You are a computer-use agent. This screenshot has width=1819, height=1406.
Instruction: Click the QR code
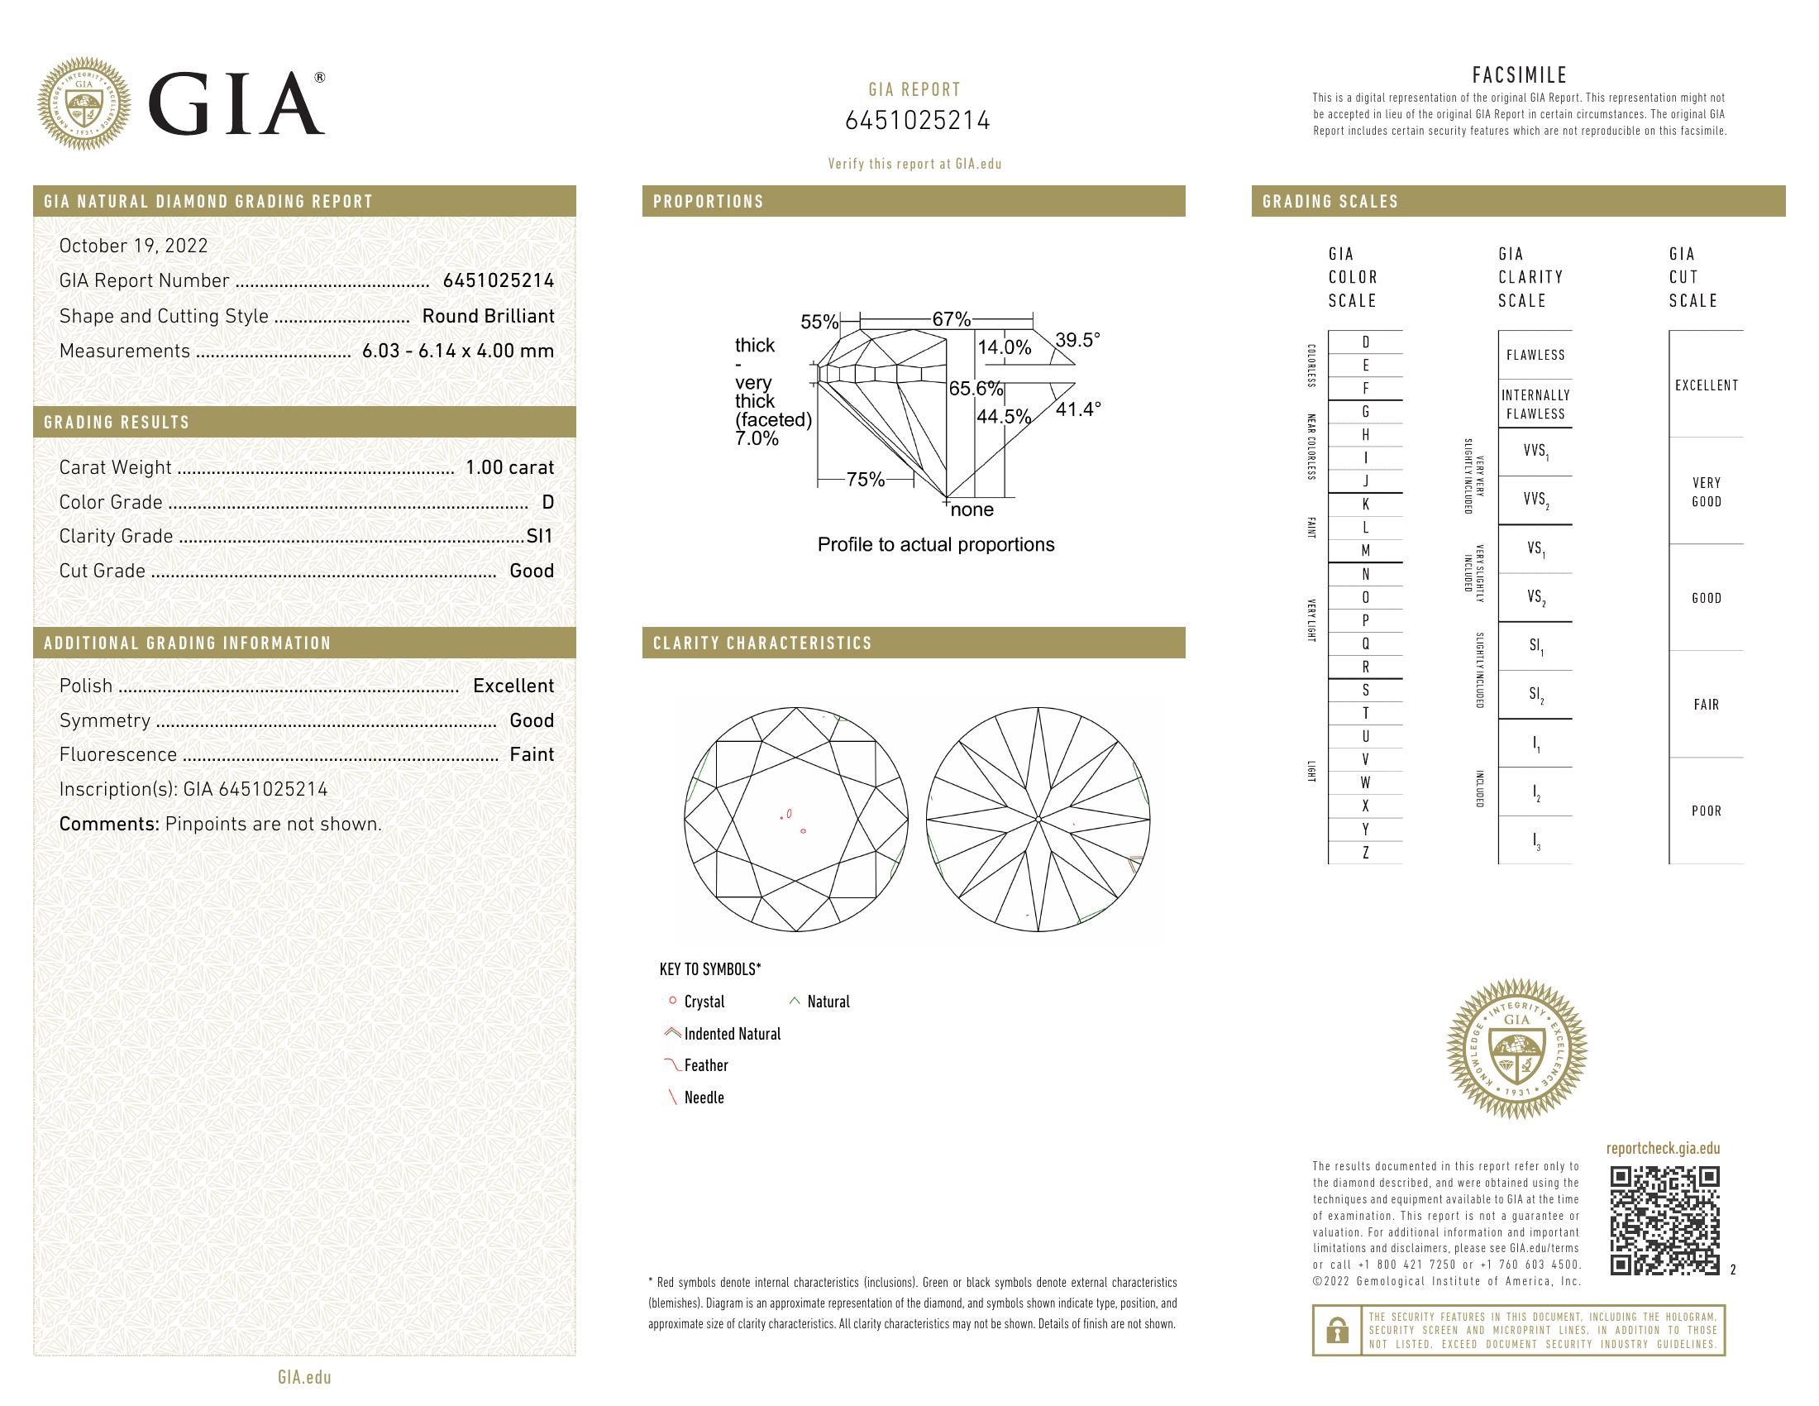pos(1664,1220)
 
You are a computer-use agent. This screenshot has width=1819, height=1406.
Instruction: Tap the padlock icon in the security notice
pos(1337,1330)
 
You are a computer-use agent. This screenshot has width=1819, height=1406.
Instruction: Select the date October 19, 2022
pos(133,246)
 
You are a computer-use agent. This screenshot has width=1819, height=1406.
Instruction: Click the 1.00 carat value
pos(508,467)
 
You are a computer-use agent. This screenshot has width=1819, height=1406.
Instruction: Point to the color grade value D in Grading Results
pos(547,502)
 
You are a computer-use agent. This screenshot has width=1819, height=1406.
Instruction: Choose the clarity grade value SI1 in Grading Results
pos(540,537)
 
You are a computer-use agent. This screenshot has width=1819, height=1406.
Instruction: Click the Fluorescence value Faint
pos(532,754)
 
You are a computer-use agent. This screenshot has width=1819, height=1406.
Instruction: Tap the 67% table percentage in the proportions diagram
pos(951,319)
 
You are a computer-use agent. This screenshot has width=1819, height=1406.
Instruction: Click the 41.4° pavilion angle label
pos(1077,409)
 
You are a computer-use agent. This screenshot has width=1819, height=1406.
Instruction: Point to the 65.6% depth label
pos(976,389)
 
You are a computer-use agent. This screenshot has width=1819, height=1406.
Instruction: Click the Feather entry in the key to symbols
pos(705,1065)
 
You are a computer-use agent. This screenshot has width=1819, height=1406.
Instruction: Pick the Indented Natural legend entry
pos(731,1034)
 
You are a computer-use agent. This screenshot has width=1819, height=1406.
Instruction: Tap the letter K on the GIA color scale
pos(1365,504)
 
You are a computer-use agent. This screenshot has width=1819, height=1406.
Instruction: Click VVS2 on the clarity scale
pos(1535,500)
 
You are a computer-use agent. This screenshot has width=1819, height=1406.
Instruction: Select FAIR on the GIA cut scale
pos(1706,705)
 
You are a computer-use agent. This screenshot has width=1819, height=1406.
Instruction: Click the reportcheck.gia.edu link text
pos(1663,1149)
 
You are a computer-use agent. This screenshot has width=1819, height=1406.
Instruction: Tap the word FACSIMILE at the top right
pos(1519,75)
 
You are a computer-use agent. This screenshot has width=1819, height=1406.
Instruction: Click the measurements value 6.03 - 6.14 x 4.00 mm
pos(458,351)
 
